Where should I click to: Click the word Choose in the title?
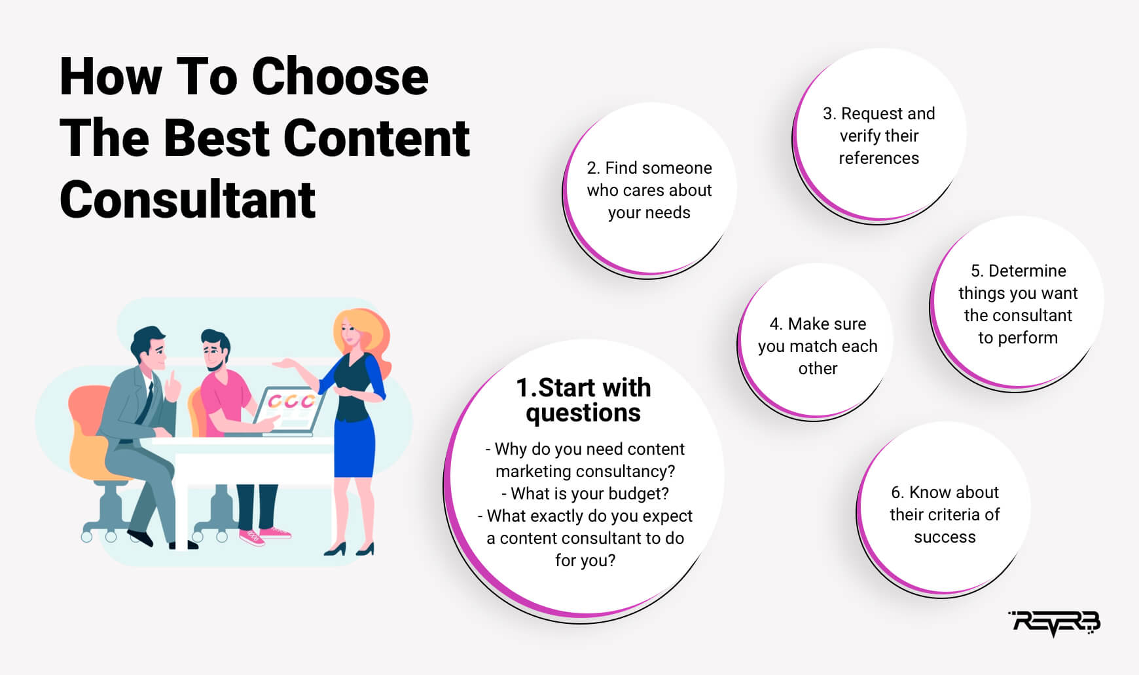[x=340, y=77]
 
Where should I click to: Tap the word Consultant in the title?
[x=187, y=200]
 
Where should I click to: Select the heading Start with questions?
[x=583, y=400]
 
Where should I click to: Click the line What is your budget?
[x=585, y=493]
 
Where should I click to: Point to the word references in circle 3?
[x=879, y=158]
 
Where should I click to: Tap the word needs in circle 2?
[x=668, y=213]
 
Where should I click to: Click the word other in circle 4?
[x=818, y=368]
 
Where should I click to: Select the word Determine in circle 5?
[x=1027, y=271]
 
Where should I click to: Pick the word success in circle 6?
[x=945, y=537]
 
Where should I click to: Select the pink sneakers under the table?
[x=264, y=535]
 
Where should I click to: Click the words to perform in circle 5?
[x=1018, y=338]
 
